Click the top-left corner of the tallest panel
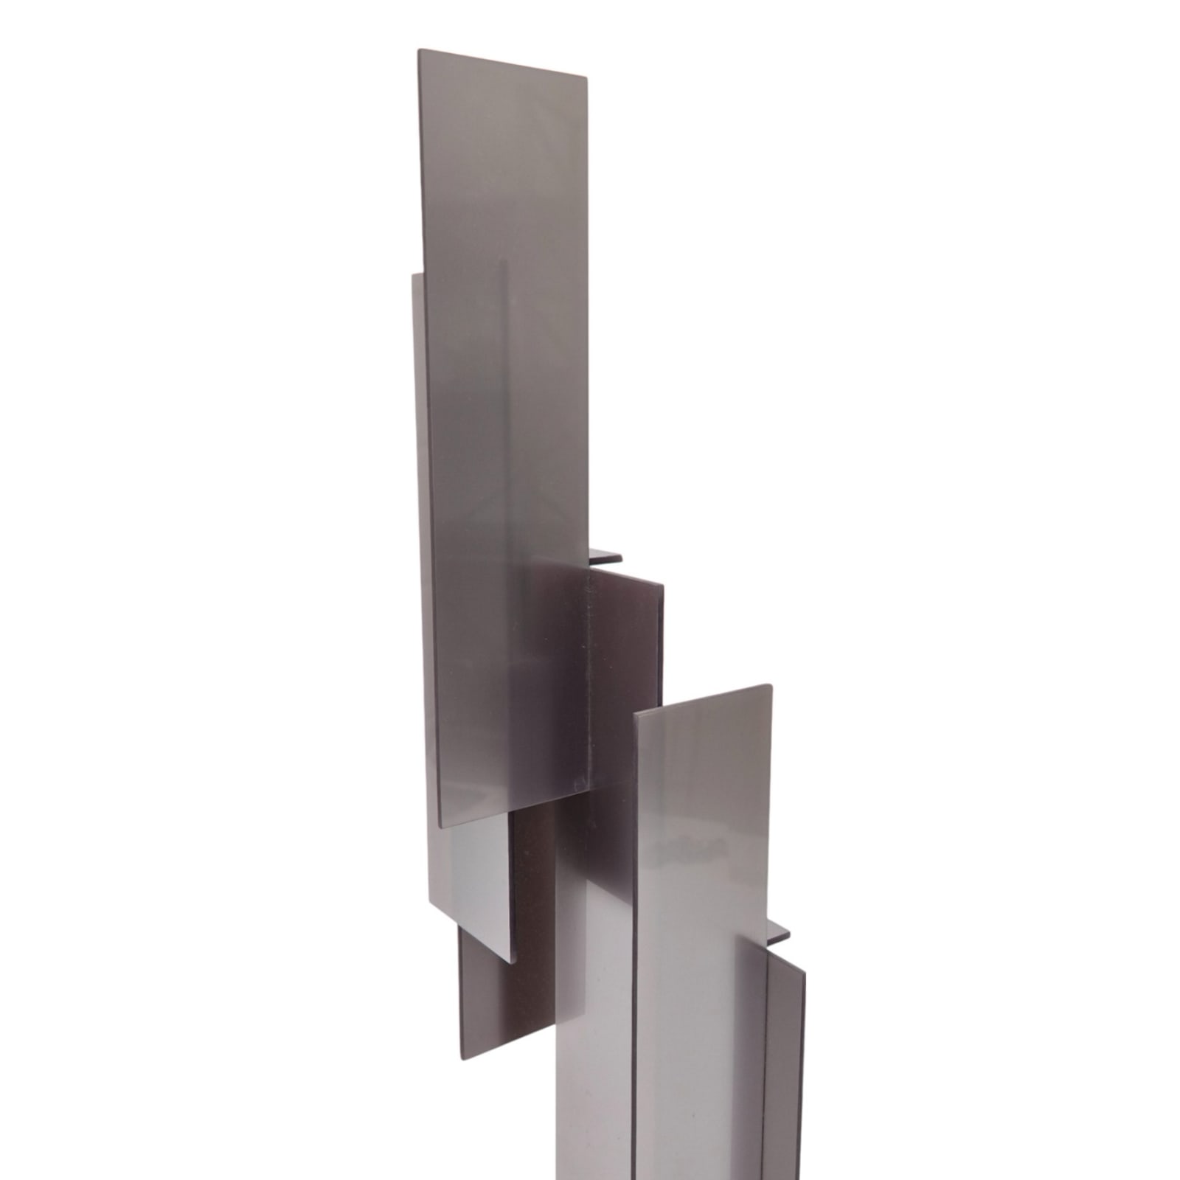pyautogui.click(x=419, y=50)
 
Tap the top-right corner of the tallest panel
pyautogui.click(x=588, y=74)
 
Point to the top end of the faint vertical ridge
pyautogui.click(x=504, y=280)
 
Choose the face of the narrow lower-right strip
pyautogui.click(x=785, y=1069)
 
